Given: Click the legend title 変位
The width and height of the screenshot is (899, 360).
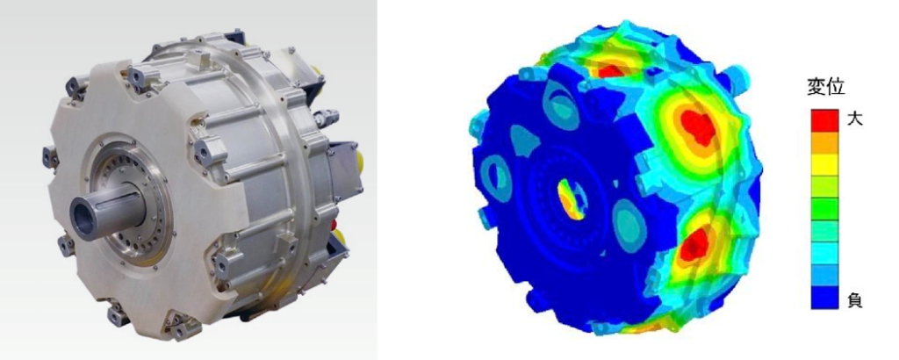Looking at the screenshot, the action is coord(825,89).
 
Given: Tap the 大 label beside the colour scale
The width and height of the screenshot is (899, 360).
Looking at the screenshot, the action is coord(853,119).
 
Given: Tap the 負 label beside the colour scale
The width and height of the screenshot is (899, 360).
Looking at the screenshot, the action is coord(853,299).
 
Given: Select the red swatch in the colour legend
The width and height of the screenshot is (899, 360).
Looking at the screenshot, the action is coord(824,119).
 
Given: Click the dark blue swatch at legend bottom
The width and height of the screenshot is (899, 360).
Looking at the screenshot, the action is coord(824,298).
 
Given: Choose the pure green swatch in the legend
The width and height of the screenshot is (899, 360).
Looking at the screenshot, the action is coord(824,209).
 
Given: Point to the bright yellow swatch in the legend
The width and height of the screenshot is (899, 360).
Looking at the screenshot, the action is coord(824,164).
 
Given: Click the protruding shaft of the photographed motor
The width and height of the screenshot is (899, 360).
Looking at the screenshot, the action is coord(106,212).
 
